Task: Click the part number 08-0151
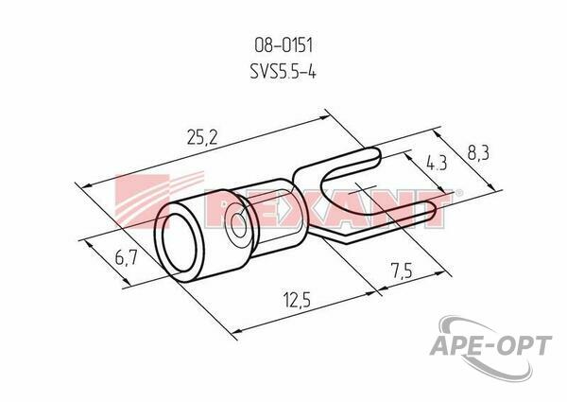pos(283,45)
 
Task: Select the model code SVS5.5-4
pos(283,72)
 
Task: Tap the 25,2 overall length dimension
pos(202,137)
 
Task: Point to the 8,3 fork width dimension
pos(478,153)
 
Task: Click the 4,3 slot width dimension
pos(437,163)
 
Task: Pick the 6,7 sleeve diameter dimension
pos(126,258)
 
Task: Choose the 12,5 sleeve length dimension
pos(298,301)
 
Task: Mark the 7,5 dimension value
pos(401,271)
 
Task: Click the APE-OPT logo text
pos(490,345)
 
